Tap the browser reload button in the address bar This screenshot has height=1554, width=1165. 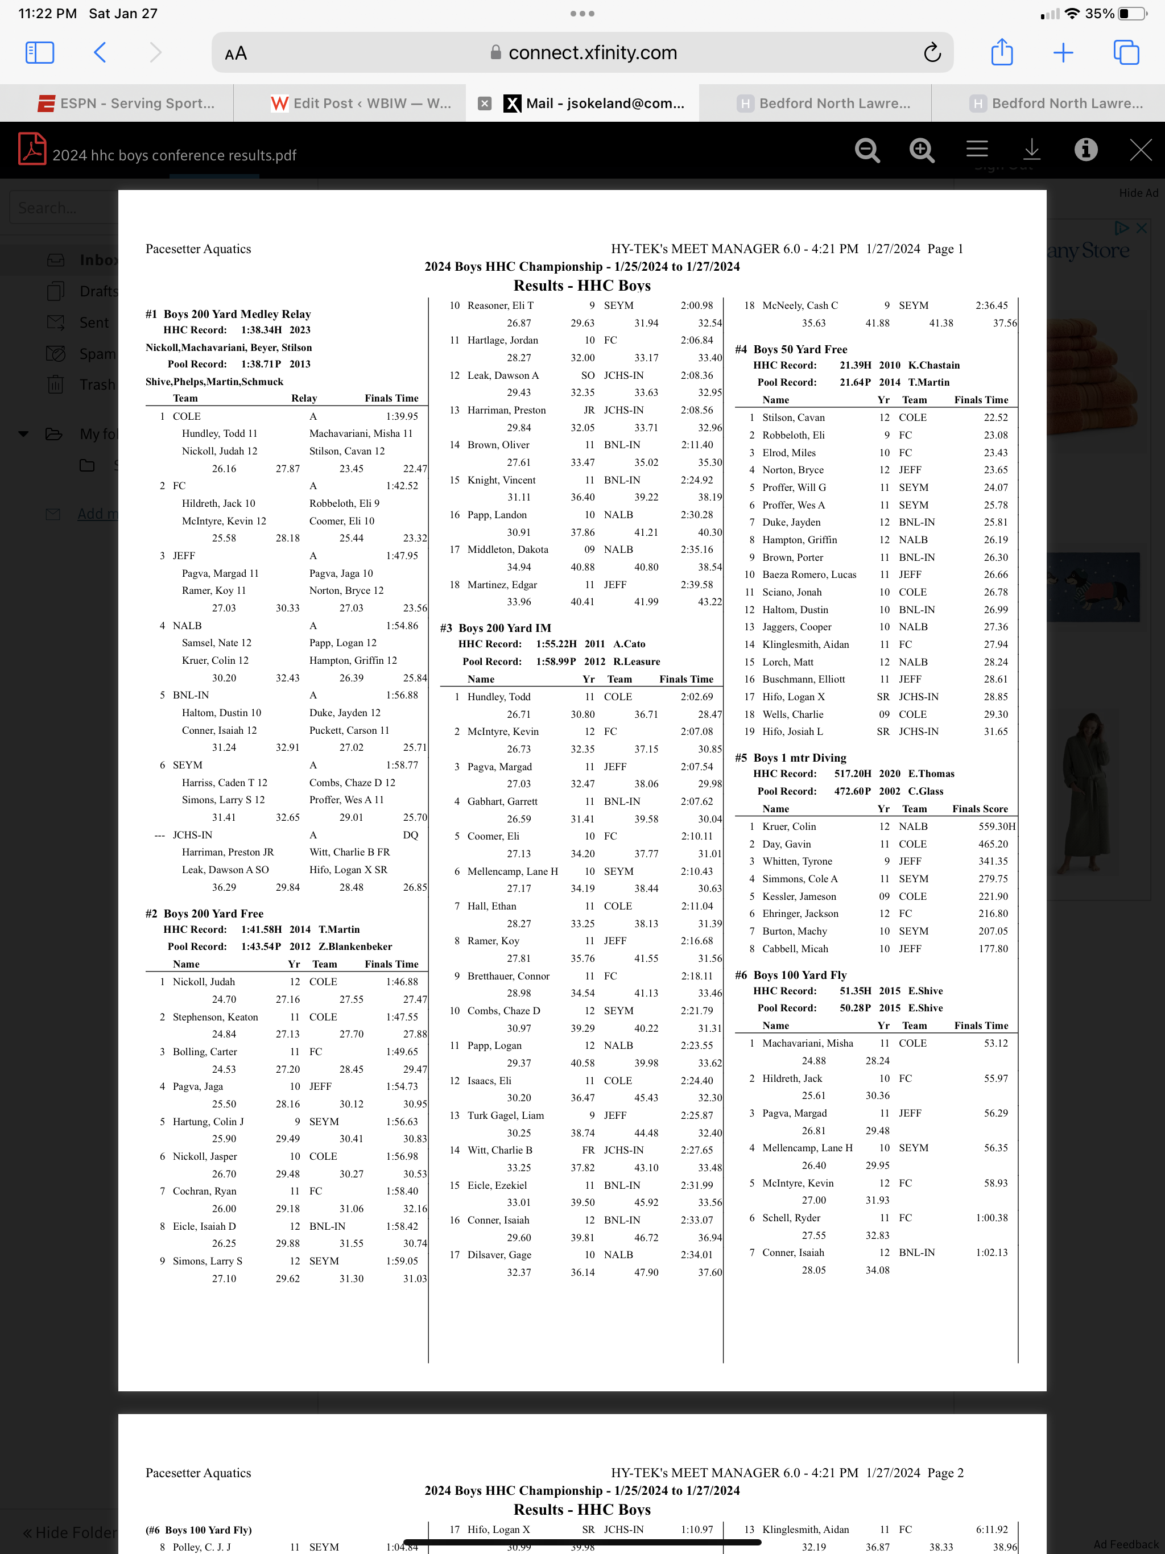tap(932, 53)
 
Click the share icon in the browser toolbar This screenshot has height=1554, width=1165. tap(1001, 53)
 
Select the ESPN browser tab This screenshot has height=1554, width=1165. tap(126, 104)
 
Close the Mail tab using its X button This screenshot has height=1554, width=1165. tap(484, 104)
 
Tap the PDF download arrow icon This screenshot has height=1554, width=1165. tap(1031, 149)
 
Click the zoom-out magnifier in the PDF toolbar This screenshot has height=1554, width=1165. tap(867, 150)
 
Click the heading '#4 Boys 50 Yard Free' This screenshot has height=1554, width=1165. tap(791, 349)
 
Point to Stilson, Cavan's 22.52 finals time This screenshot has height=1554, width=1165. tap(995, 418)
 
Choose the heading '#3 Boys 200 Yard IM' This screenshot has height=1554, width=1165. tap(495, 628)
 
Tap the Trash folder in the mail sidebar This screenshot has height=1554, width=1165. tap(97, 385)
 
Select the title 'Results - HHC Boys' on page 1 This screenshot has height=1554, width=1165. tap(582, 285)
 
